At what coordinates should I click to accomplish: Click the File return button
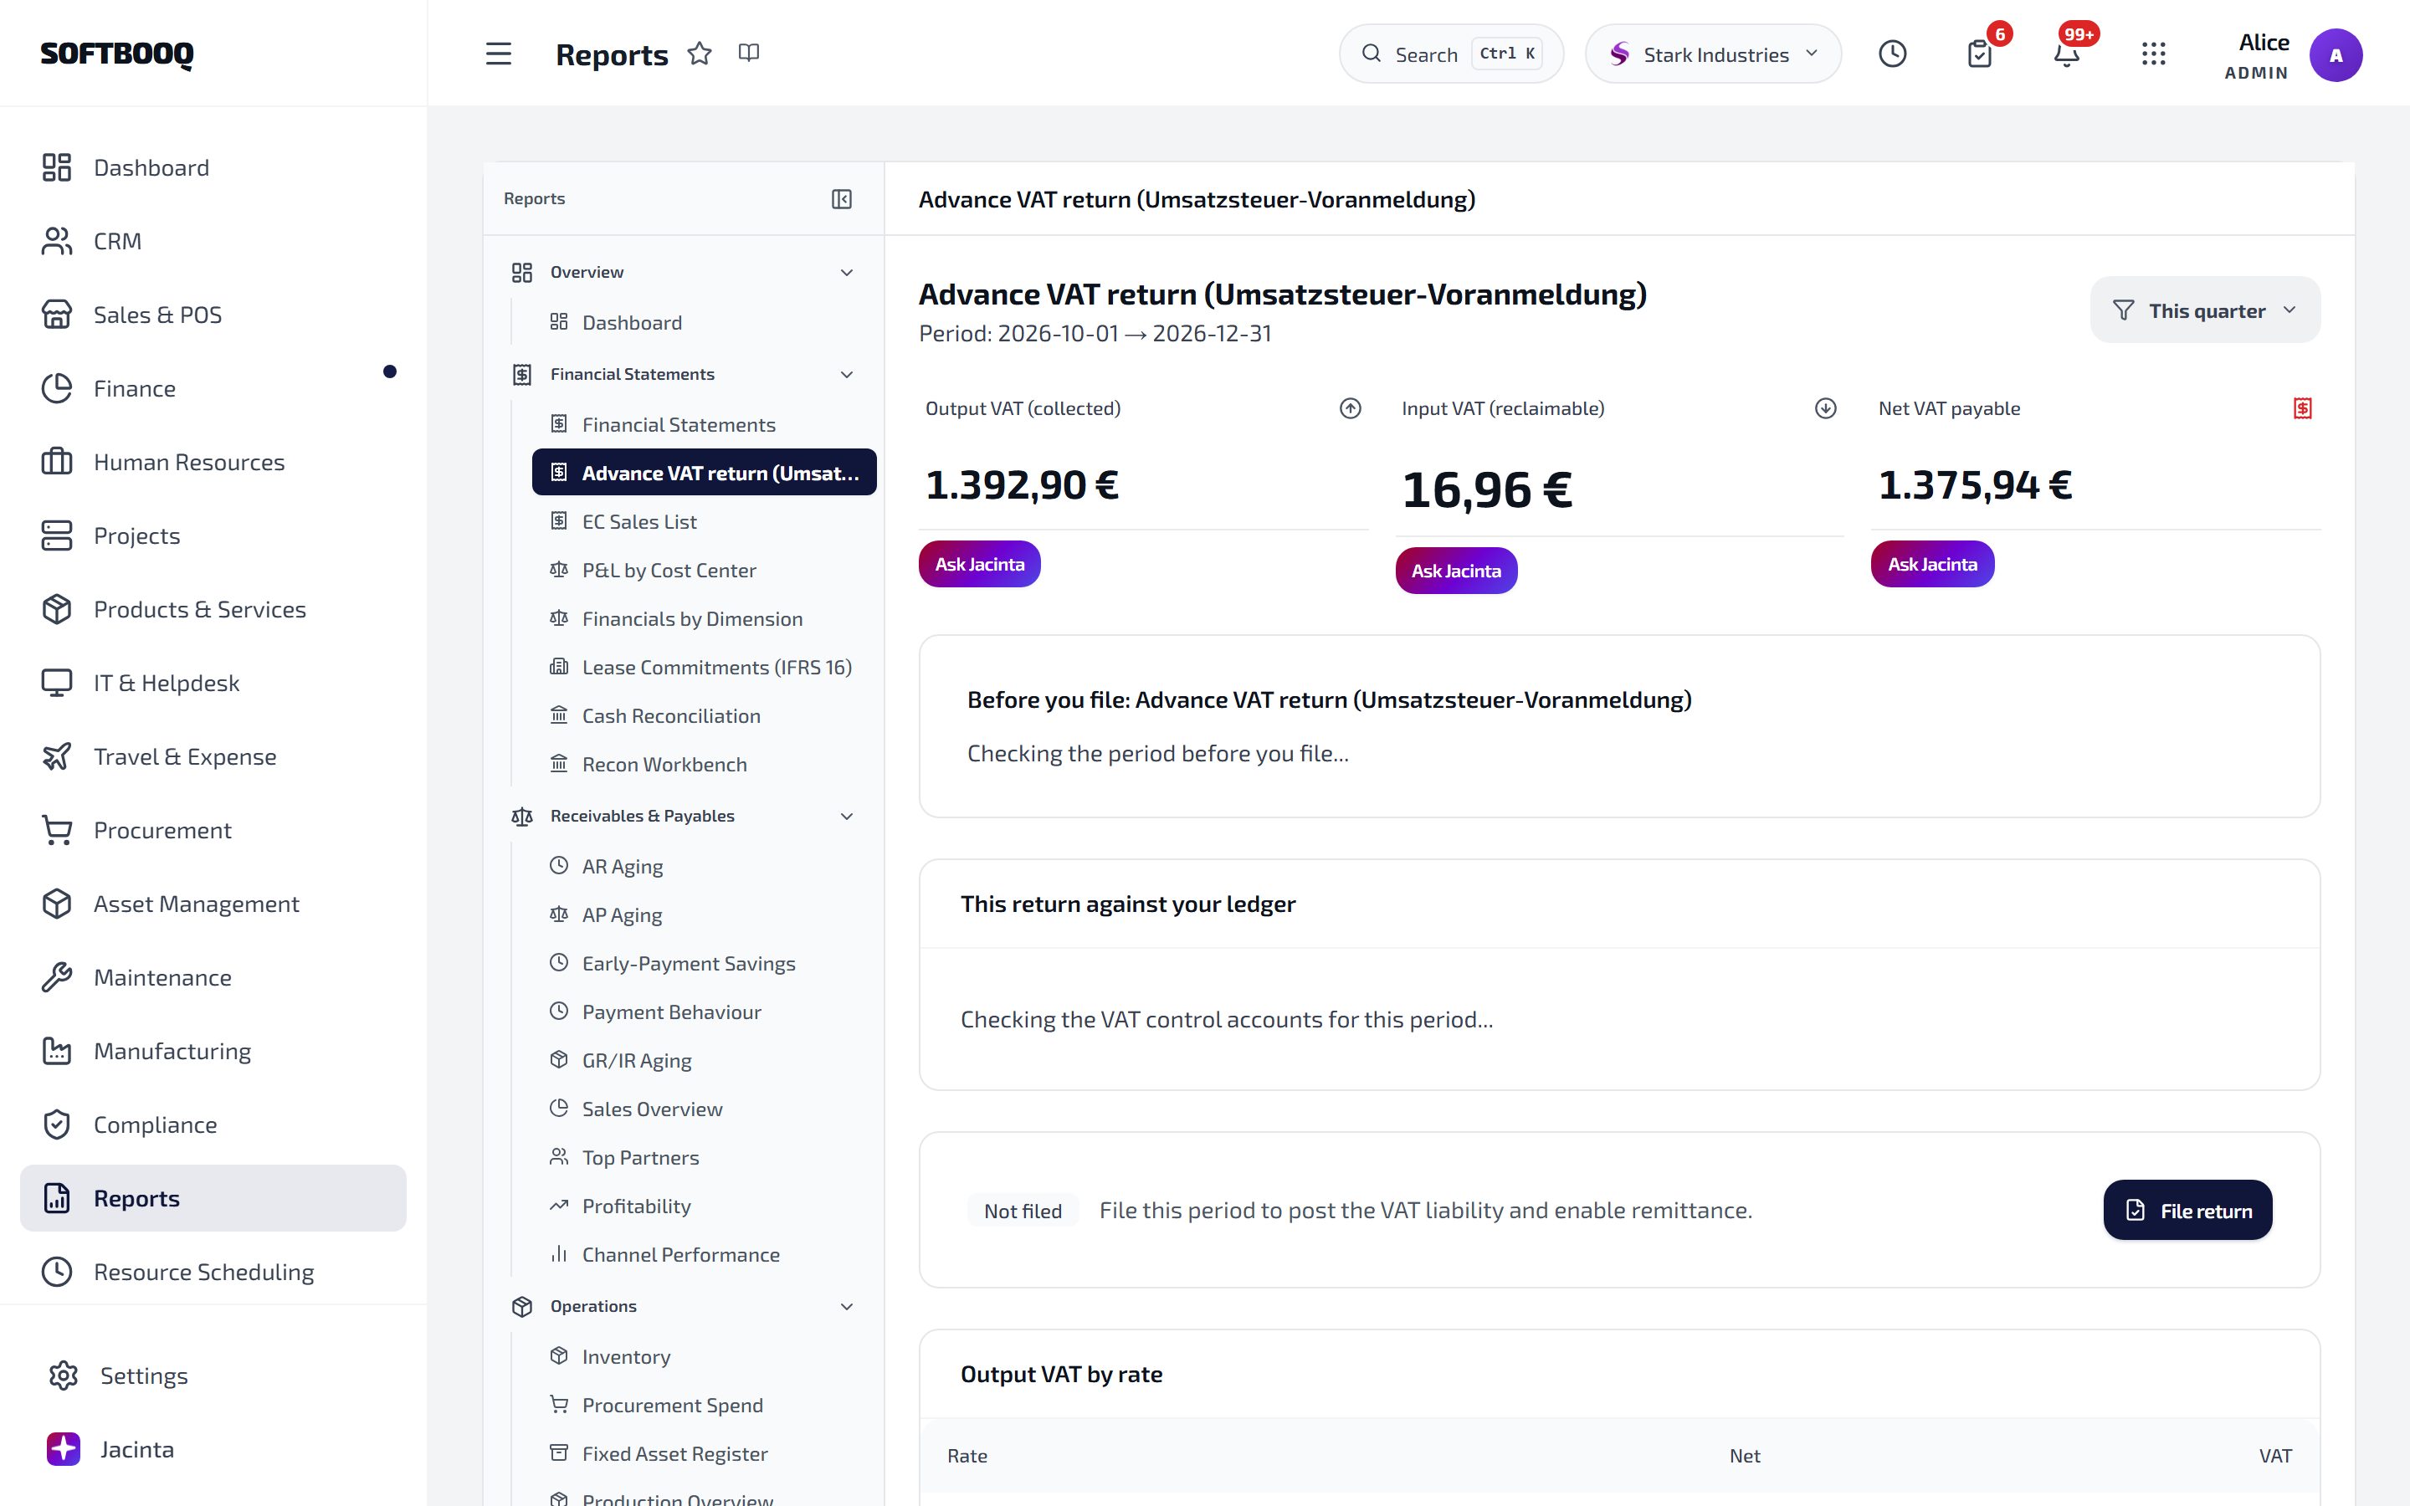(2187, 1210)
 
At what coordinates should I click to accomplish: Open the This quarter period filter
(2205, 310)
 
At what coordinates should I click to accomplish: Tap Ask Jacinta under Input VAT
(1456, 571)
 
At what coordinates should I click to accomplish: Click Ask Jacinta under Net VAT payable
(1932, 565)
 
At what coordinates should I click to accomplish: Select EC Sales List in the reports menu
(638, 522)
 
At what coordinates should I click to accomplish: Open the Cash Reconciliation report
(670, 716)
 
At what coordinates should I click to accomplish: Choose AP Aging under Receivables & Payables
(622, 915)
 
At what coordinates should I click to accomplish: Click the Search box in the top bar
(1451, 54)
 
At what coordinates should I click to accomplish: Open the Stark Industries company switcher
(1713, 54)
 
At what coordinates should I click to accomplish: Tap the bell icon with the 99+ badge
(2066, 54)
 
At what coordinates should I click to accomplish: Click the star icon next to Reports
(700, 54)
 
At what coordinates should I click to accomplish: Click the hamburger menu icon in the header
(498, 54)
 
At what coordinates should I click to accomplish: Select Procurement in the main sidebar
(162, 831)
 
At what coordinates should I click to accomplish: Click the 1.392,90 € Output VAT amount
(1022, 486)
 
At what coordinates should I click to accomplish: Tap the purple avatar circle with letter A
(2336, 56)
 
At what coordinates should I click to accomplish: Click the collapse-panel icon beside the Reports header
(842, 199)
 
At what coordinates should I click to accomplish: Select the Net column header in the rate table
(1745, 1456)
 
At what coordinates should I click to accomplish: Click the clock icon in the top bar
(1892, 54)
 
